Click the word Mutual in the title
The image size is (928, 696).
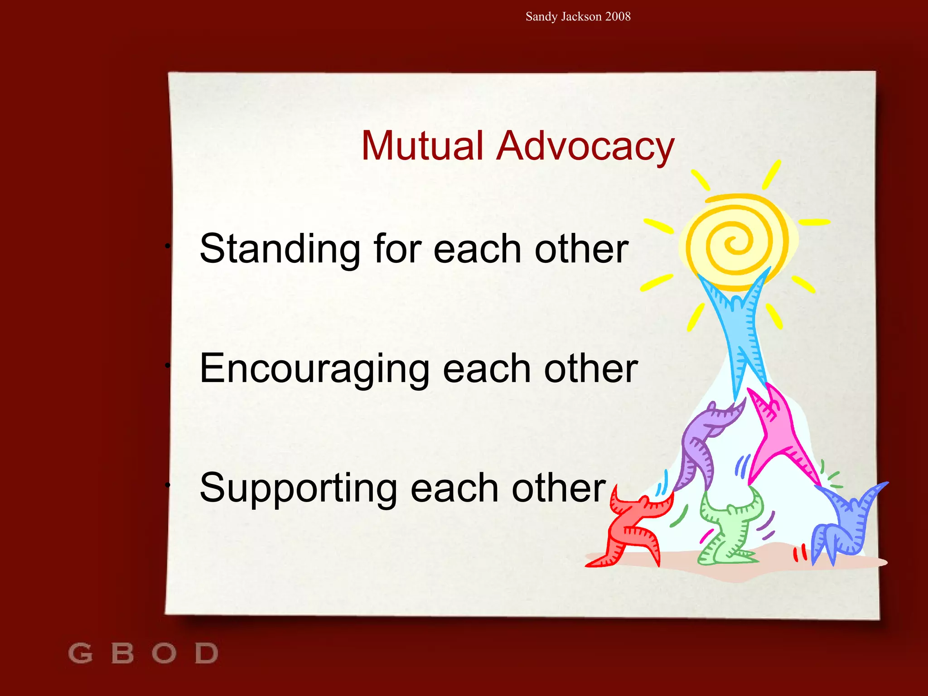pyautogui.click(x=422, y=146)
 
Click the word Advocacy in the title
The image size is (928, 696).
pyautogui.click(x=585, y=147)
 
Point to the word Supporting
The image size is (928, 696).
pyautogui.click(x=298, y=489)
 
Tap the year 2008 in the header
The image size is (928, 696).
pyautogui.click(x=618, y=17)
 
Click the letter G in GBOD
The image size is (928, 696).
pyautogui.click(x=80, y=653)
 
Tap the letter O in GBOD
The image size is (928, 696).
pyautogui.click(x=164, y=653)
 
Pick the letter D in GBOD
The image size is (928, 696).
pyautogui.click(x=206, y=653)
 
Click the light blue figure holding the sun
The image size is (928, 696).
pyautogui.click(x=739, y=326)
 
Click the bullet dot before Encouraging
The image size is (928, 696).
pyautogui.click(x=167, y=365)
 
